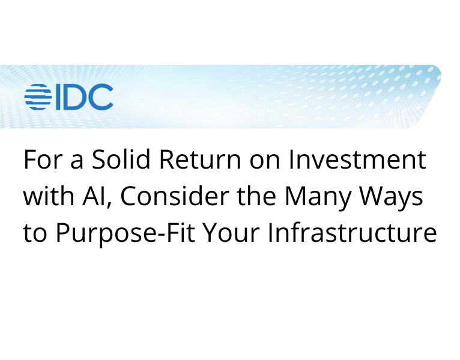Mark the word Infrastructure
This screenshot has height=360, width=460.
352,233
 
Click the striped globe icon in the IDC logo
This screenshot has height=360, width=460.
39,97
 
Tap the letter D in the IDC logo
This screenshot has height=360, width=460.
76,97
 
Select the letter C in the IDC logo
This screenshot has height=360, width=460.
101,97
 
